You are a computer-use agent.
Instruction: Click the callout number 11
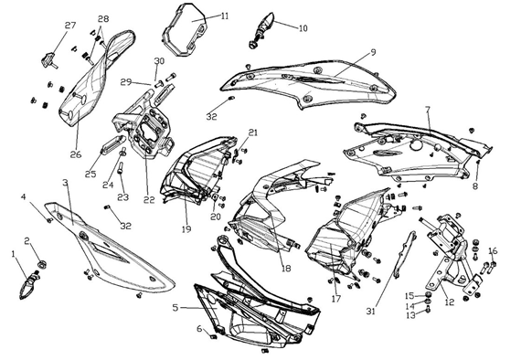pyautogui.click(x=225, y=16)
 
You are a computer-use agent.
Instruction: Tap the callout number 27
pyautogui.click(x=70, y=26)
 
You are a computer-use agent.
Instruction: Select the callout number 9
pyautogui.click(x=373, y=52)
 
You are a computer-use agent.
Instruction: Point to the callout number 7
pyautogui.click(x=428, y=110)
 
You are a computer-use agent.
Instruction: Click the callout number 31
pyautogui.click(x=371, y=312)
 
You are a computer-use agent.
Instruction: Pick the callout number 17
pyautogui.click(x=336, y=299)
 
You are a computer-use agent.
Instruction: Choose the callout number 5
pyautogui.click(x=175, y=308)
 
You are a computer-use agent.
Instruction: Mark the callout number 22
pyautogui.click(x=149, y=200)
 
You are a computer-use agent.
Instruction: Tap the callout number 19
pyautogui.click(x=186, y=228)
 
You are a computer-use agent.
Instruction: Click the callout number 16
pyautogui.click(x=493, y=250)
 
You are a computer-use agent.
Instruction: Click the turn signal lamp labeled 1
pyautogui.click(x=29, y=284)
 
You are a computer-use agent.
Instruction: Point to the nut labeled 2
pyautogui.click(x=42, y=265)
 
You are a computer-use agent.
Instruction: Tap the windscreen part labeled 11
pyautogui.click(x=185, y=29)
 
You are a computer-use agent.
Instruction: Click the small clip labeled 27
pyautogui.click(x=49, y=60)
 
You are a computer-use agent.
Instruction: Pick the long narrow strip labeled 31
pyautogui.click(x=404, y=255)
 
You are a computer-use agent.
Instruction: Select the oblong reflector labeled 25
pyautogui.click(x=113, y=144)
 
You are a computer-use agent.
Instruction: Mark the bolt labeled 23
pyautogui.click(x=121, y=168)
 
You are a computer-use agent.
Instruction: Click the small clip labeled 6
pyautogui.click(x=214, y=337)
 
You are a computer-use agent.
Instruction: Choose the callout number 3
pyautogui.click(x=65, y=183)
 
